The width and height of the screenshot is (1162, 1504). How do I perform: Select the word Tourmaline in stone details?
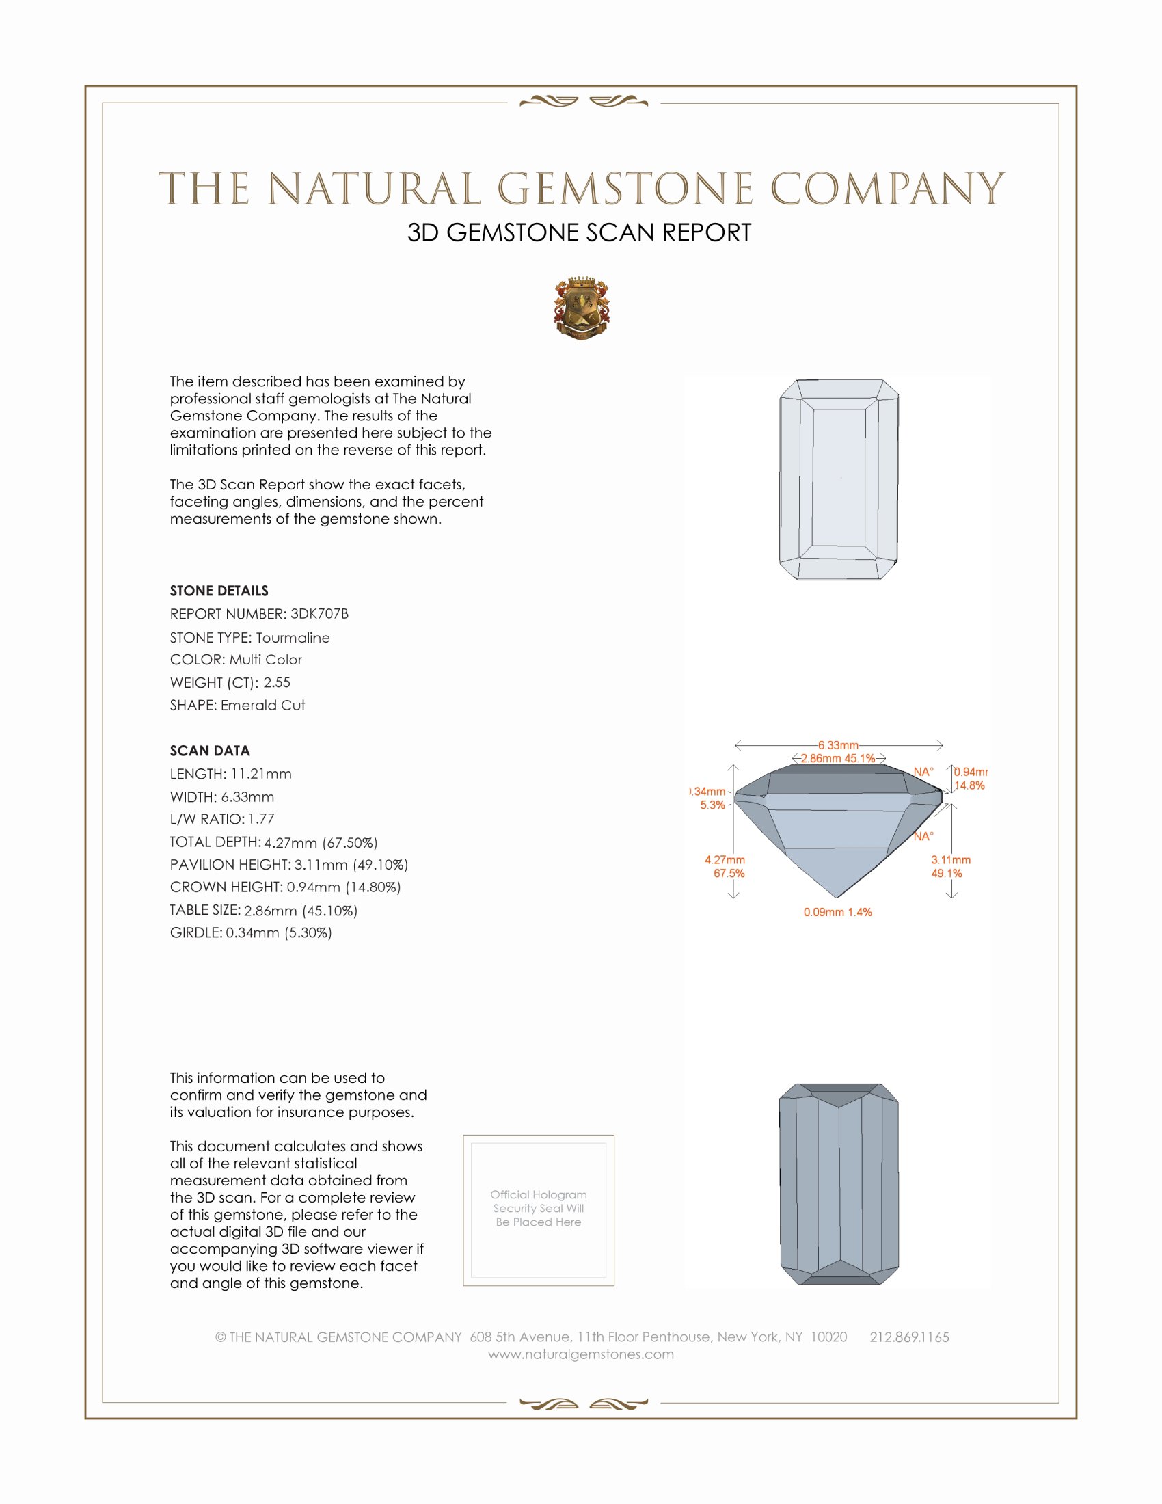click(293, 638)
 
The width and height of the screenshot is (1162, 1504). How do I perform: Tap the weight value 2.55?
click(277, 682)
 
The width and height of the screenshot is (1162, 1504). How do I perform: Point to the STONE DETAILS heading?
click(219, 591)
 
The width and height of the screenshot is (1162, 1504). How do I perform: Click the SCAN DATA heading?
click(210, 751)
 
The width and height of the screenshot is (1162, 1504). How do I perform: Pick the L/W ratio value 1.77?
click(262, 819)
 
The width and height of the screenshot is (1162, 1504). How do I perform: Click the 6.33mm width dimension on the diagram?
click(838, 745)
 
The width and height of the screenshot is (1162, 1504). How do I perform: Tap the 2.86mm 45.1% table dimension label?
click(838, 758)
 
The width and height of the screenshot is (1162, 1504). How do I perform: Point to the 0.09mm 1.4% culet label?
click(838, 912)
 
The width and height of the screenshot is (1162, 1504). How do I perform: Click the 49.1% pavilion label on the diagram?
click(947, 873)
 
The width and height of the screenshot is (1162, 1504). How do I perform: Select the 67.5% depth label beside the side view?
click(729, 873)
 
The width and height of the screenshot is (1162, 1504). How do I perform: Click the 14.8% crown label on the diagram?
click(969, 785)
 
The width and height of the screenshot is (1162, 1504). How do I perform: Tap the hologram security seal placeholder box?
click(539, 1210)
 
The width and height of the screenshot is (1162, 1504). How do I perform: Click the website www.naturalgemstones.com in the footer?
click(581, 1354)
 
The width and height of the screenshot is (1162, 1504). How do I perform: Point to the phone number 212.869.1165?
click(908, 1337)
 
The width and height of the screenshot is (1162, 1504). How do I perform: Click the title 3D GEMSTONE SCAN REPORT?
click(579, 232)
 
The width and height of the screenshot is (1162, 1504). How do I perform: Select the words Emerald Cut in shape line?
click(263, 706)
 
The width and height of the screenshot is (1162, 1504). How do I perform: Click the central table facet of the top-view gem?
click(839, 477)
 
